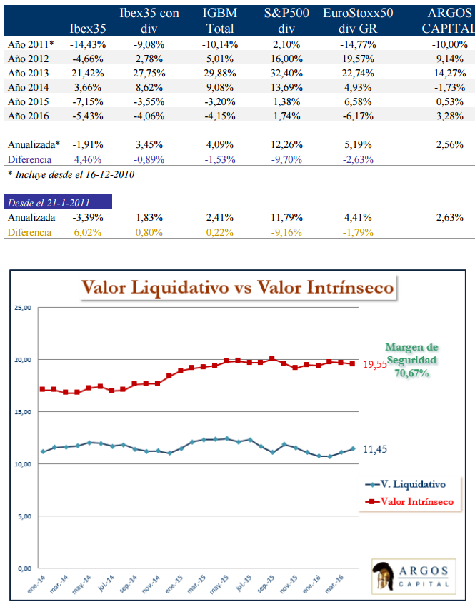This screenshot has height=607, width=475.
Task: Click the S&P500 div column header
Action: [x=275, y=21]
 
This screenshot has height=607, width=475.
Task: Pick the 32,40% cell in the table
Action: [x=275, y=73]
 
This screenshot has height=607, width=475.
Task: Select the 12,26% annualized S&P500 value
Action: [x=274, y=145]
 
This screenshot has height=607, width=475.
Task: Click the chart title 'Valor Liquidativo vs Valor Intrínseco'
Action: [x=238, y=288]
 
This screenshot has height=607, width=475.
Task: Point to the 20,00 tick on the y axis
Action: [x=22, y=360]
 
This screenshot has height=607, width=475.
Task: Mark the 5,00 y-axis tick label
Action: [x=24, y=516]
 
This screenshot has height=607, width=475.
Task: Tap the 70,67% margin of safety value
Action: [x=411, y=373]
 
